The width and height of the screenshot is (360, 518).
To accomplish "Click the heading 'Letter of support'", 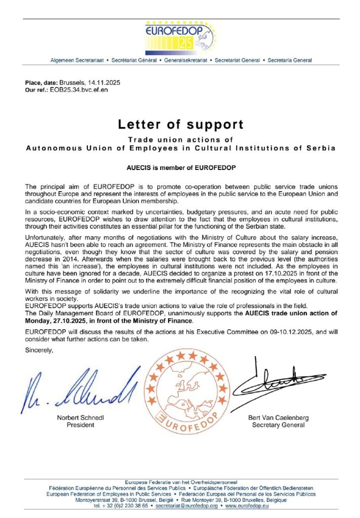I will pyautogui.click(x=181, y=124).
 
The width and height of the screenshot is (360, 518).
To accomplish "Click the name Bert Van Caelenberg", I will pyautogui.click(x=278, y=418).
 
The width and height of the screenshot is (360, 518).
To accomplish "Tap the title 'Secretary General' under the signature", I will pyautogui.click(x=278, y=425).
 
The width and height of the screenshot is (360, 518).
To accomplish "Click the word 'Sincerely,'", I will pyautogui.click(x=39, y=349).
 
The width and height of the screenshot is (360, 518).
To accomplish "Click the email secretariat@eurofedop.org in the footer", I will pyautogui.click(x=187, y=506).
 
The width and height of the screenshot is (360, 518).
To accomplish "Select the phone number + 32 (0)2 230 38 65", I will pyautogui.click(x=125, y=506).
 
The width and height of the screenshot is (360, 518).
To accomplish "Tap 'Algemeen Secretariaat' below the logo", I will pyautogui.click(x=77, y=60).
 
